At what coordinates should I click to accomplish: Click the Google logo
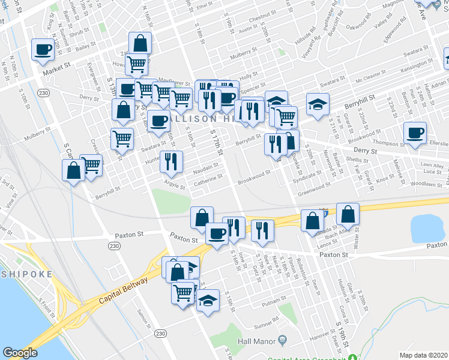coord(20,352)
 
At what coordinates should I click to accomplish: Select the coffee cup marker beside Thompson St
coord(414,133)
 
